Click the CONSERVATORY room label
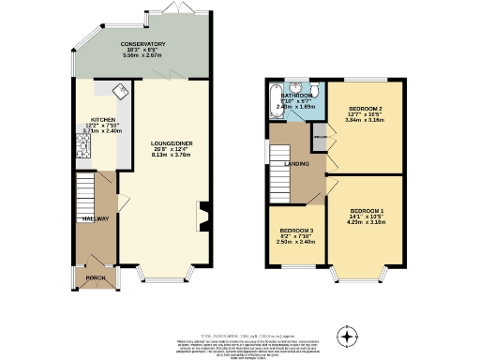142,44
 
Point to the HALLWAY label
96,219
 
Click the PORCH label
94,277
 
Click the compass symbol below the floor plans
348,335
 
